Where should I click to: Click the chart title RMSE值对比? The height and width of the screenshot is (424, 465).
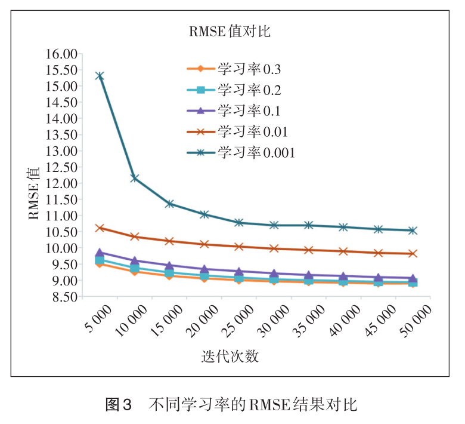230,32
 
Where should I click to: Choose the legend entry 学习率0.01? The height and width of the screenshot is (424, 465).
253,131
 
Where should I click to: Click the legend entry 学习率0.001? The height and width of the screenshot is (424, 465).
257,152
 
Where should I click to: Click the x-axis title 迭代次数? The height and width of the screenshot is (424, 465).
230,357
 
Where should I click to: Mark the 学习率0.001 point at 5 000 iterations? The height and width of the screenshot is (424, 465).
100,76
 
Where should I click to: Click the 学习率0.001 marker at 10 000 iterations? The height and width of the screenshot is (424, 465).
135,178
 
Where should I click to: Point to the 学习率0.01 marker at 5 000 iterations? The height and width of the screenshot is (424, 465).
100,228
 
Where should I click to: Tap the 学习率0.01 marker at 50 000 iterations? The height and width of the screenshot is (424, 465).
413,254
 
